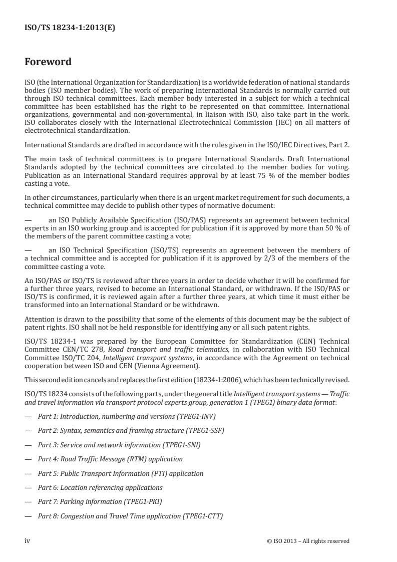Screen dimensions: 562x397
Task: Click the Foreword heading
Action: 48,62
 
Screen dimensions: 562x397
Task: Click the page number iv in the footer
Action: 28,540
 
